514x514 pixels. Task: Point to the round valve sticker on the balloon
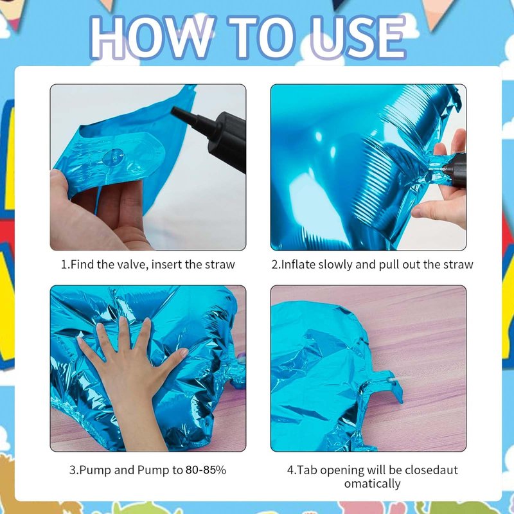click(113, 157)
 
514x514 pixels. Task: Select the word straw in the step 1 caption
click(220, 265)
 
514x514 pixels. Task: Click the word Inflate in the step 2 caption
click(298, 265)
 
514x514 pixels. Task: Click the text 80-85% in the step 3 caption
click(206, 470)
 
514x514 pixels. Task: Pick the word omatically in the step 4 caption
click(373, 484)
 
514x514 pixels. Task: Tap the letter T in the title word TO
click(242, 37)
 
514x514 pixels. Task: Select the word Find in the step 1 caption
click(82, 265)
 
